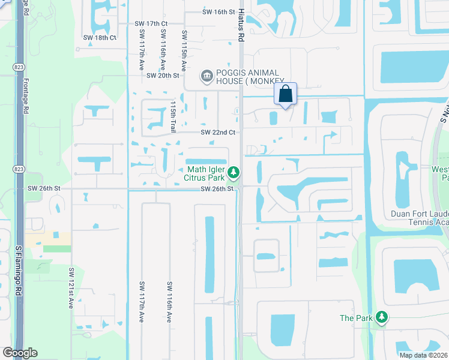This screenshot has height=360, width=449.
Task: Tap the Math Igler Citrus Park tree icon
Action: (234, 173)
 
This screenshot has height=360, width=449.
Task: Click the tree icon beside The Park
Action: (381, 317)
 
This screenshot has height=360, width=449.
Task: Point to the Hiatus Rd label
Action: (241, 29)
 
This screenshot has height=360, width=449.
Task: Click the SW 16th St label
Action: (217, 12)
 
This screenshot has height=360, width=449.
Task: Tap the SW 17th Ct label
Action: (151, 23)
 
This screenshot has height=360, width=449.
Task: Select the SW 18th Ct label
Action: (100, 37)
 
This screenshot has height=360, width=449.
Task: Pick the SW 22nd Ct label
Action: (218, 132)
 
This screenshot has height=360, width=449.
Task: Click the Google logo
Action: (20, 353)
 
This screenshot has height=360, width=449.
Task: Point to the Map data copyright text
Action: (424, 355)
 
